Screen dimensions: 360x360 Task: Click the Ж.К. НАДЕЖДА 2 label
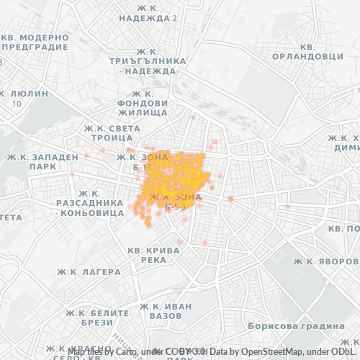148,12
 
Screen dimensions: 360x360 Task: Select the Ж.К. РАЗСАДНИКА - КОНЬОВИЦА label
89,203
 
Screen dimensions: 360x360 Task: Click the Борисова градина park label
294,326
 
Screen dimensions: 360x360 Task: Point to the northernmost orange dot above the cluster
192,116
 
